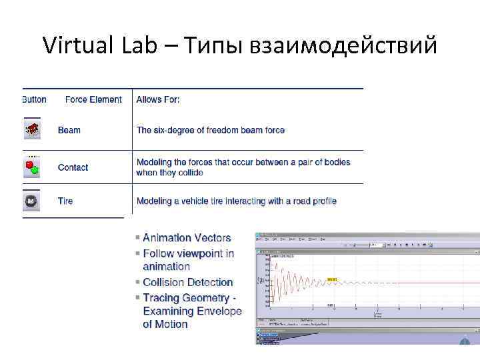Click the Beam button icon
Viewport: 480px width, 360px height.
tap(31, 130)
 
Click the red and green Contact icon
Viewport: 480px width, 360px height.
tap(31, 167)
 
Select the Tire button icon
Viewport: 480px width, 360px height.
tap(31, 201)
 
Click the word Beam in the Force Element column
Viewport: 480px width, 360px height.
tap(69, 130)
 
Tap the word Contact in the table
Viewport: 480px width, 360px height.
tap(73, 167)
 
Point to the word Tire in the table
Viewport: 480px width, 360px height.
tap(65, 201)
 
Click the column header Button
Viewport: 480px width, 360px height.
tap(34, 99)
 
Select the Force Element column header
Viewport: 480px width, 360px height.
tap(93, 99)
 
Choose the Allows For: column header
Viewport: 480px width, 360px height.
tap(158, 99)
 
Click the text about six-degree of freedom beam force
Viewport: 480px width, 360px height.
tap(211, 130)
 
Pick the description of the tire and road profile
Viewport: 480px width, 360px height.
tap(237, 201)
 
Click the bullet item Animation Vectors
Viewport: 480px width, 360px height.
tap(187, 238)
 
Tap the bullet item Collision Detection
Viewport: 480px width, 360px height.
tap(188, 282)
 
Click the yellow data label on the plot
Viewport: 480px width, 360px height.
tap(332, 279)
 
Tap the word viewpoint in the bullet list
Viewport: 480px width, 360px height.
tap(205, 253)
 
